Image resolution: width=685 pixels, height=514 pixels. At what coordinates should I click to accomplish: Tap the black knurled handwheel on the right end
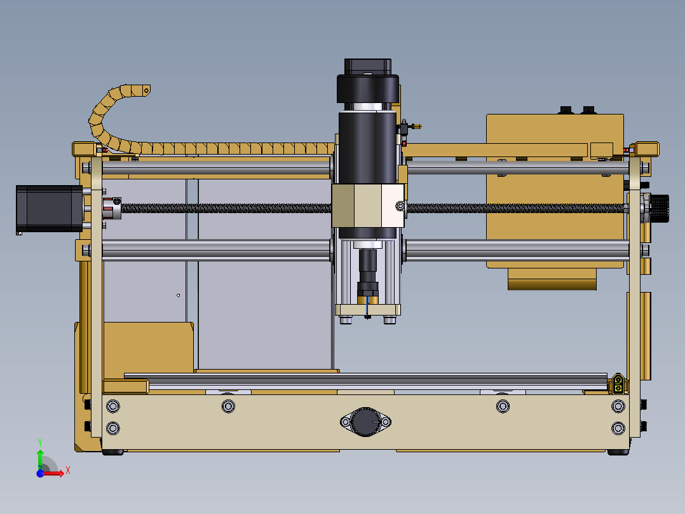[x=661, y=208]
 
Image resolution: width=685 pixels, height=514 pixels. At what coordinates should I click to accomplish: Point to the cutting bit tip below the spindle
[x=367, y=314]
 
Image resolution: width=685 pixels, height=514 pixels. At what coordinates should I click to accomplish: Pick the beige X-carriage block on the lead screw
[x=367, y=207]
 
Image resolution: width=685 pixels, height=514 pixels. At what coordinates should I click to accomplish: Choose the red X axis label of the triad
[x=67, y=470]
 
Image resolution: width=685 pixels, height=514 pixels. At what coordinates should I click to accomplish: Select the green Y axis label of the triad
[x=39, y=441]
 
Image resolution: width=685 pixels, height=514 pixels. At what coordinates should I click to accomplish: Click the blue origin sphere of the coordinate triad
[x=40, y=473]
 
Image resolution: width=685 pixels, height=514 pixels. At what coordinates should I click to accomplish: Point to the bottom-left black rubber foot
[x=113, y=452]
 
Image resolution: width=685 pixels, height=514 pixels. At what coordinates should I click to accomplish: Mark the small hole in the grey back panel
[x=179, y=295]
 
